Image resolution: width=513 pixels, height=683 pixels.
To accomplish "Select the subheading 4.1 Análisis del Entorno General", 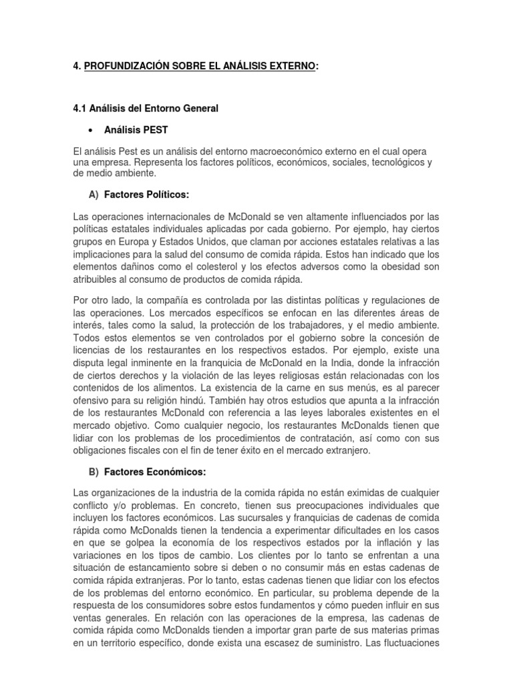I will (146, 108).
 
